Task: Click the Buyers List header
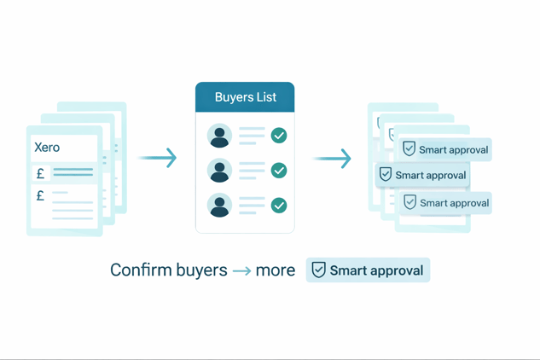(245, 97)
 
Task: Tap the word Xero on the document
(47, 148)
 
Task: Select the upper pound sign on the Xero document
(40, 173)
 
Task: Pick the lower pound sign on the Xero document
(40, 196)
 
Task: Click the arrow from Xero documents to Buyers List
(158, 158)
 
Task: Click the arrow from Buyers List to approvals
(332, 159)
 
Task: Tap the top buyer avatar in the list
(219, 136)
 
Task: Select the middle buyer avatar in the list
(219, 171)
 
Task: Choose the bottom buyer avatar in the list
(219, 206)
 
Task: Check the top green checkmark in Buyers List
(279, 136)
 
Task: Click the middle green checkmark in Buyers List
(279, 171)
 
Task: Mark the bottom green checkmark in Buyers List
(279, 206)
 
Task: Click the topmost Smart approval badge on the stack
(445, 149)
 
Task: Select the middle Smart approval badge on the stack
(422, 175)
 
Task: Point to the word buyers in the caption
(199, 270)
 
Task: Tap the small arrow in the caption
(241, 271)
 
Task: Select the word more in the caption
(276, 270)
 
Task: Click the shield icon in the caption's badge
(318, 270)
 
